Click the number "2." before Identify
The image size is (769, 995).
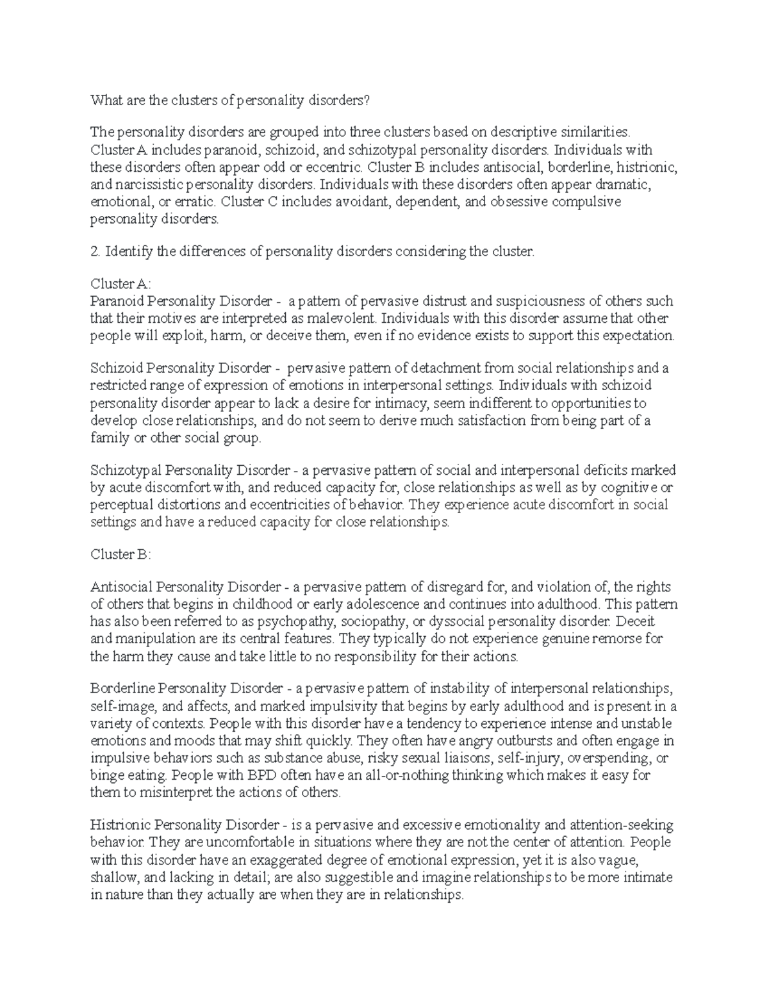95,252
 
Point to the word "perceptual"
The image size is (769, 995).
120,505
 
